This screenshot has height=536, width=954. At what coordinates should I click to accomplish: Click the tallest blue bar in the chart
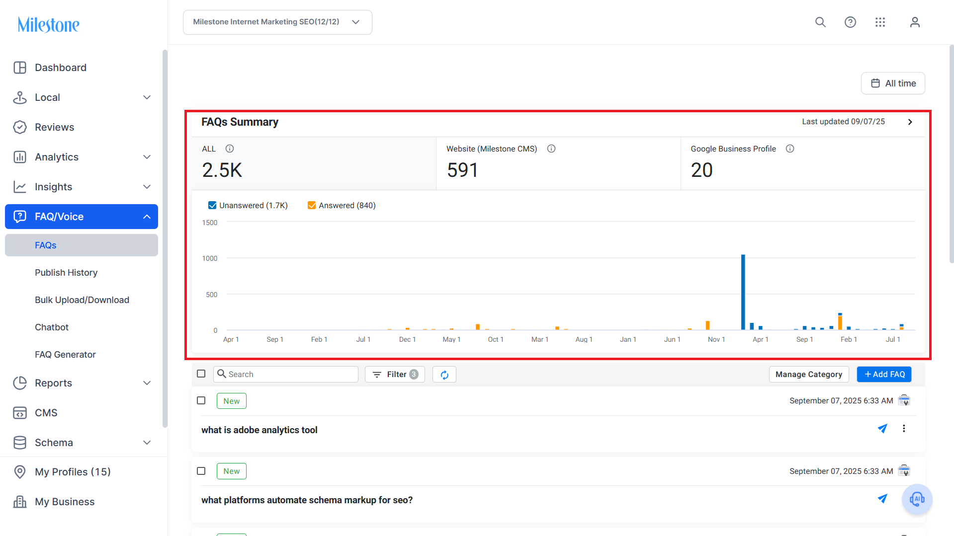743,292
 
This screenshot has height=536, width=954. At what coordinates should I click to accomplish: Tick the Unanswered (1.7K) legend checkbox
212,205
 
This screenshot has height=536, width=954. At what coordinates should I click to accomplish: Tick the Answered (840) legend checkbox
312,205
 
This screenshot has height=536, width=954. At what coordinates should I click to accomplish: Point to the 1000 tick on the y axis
210,258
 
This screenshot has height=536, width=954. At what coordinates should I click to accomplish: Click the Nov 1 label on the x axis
716,339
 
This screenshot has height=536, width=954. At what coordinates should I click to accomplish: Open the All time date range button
893,83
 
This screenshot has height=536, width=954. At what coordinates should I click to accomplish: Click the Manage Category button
808,374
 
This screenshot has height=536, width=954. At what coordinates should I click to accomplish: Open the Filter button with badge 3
395,374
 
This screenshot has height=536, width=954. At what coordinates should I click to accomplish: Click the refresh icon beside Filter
444,375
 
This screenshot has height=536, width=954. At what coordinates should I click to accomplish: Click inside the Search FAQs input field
286,374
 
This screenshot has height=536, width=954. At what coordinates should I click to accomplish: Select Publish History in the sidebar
66,273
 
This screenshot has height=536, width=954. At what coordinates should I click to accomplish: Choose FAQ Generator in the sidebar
65,355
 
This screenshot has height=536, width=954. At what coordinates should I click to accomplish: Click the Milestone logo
49,24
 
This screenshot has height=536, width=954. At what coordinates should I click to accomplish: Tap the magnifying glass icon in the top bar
820,22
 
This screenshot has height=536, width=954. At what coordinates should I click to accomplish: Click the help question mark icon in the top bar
850,22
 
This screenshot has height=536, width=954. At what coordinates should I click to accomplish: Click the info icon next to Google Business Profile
790,149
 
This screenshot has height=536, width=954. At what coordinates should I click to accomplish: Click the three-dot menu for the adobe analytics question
904,429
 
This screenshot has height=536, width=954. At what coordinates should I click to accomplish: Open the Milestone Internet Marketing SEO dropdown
277,22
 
